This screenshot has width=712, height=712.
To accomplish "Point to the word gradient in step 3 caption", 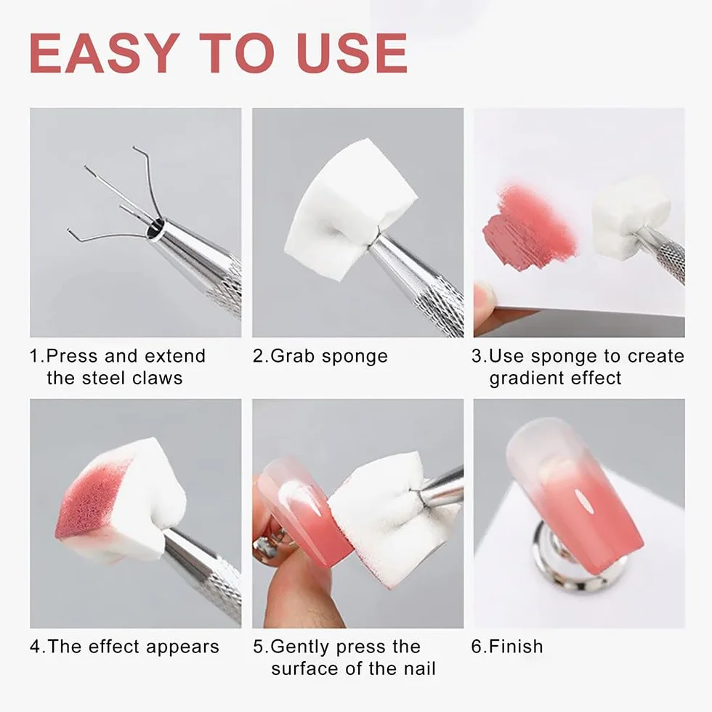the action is [x=526, y=379].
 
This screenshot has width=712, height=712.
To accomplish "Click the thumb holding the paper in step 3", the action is [x=484, y=302].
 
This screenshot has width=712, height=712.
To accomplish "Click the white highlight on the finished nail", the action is [x=583, y=500].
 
